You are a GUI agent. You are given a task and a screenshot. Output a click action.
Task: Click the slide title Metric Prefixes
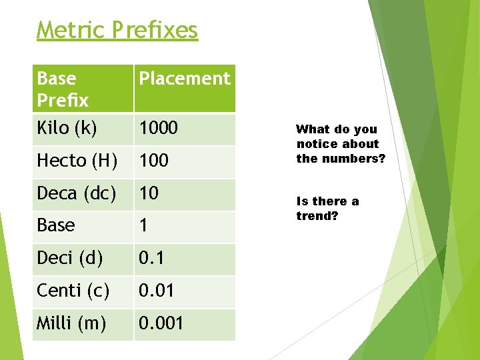(x=117, y=30)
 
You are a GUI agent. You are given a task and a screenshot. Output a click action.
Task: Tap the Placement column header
(x=184, y=79)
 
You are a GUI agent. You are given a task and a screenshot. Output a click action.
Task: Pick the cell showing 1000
(x=159, y=128)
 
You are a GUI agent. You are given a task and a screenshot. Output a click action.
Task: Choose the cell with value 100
(x=154, y=161)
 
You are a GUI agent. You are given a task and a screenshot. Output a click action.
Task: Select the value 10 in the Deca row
(x=149, y=193)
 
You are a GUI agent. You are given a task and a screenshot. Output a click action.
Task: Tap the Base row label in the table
(x=56, y=226)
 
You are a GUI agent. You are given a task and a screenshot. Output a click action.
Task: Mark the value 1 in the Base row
(x=143, y=226)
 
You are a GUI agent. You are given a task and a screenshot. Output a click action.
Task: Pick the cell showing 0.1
(x=152, y=259)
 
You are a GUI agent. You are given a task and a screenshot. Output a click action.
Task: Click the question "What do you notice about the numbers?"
(x=341, y=144)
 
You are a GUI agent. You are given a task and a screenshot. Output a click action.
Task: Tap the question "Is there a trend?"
(x=327, y=209)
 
